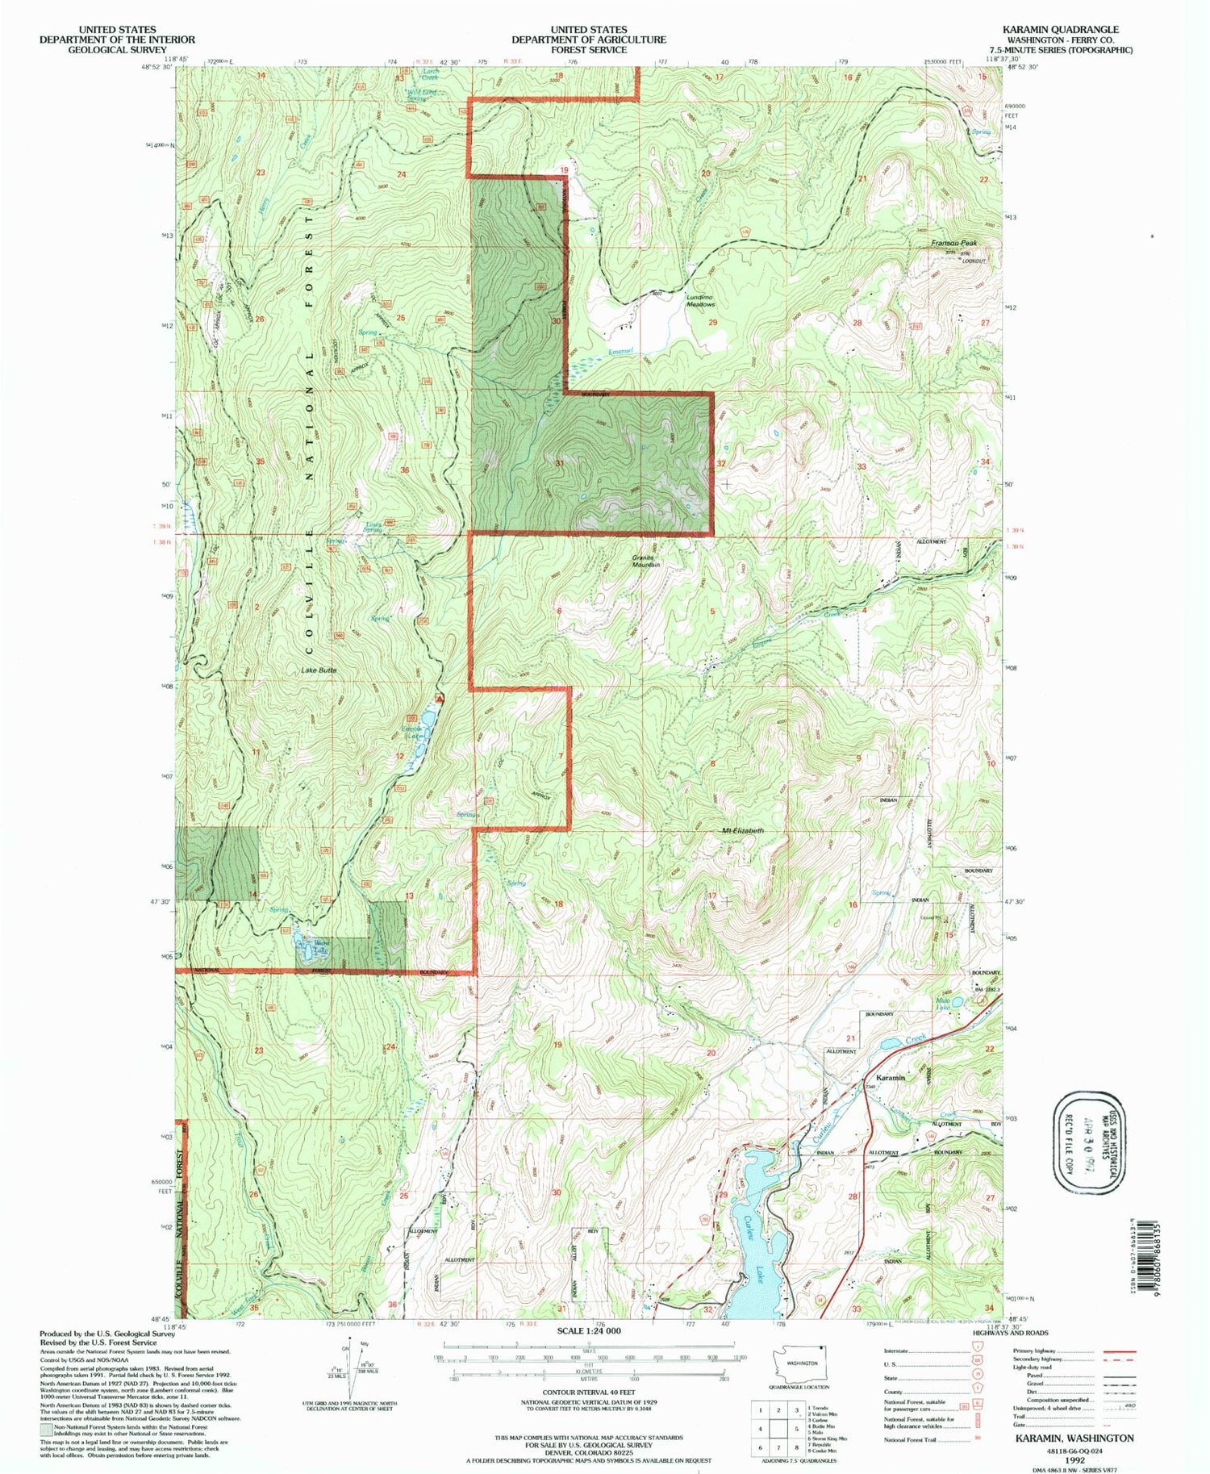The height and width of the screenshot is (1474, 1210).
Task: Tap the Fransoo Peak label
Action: click(953, 243)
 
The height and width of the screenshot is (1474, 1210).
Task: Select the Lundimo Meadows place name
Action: click(700, 301)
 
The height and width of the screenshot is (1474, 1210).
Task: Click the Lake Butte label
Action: click(319, 670)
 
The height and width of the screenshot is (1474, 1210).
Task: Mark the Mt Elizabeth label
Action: click(742, 830)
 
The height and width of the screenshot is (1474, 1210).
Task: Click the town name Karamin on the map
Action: click(886, 1078)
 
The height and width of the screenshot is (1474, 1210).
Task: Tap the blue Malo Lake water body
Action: click(957, 1002)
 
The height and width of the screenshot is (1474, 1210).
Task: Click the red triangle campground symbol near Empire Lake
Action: click(439, 698)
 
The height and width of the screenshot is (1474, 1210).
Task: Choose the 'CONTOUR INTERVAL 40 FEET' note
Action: click(588, 1393)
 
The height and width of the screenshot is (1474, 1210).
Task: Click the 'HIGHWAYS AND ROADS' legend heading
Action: click(1013, 1333)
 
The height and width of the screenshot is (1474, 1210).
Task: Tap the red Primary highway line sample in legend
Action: click(1119, 1351)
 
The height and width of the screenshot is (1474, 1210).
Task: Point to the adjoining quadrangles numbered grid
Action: click(778, 1430)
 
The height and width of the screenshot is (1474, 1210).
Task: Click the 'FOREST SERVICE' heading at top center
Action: click(588, 50)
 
